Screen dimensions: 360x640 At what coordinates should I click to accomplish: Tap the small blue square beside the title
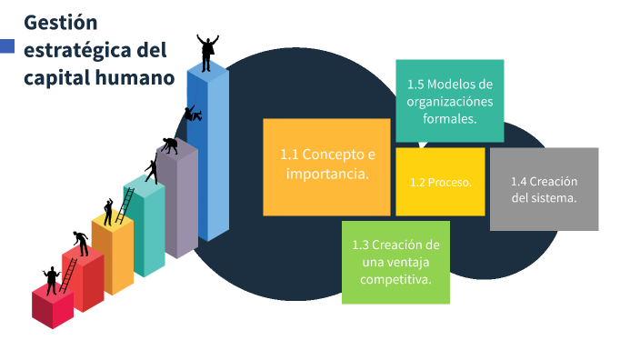point(7,46)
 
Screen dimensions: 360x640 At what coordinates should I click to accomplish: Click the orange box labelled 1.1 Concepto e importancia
point(326,166)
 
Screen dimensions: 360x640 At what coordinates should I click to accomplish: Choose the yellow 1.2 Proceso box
point(440,182)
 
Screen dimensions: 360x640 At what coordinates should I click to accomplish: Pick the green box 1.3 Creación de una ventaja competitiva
point(395,262)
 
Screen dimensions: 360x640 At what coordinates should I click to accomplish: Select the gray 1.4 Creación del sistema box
point(544,189)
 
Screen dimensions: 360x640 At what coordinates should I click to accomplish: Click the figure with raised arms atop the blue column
point(208,53)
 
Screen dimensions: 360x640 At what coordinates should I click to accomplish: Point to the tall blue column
point(207,155)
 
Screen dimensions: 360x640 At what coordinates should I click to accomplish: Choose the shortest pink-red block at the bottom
point(52,307)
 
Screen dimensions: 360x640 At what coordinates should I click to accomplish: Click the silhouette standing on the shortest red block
point(51,280)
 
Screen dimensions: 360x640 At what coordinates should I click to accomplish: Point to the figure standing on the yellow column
point(109,212)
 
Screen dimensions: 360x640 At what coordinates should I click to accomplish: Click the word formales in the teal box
point(449,118)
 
